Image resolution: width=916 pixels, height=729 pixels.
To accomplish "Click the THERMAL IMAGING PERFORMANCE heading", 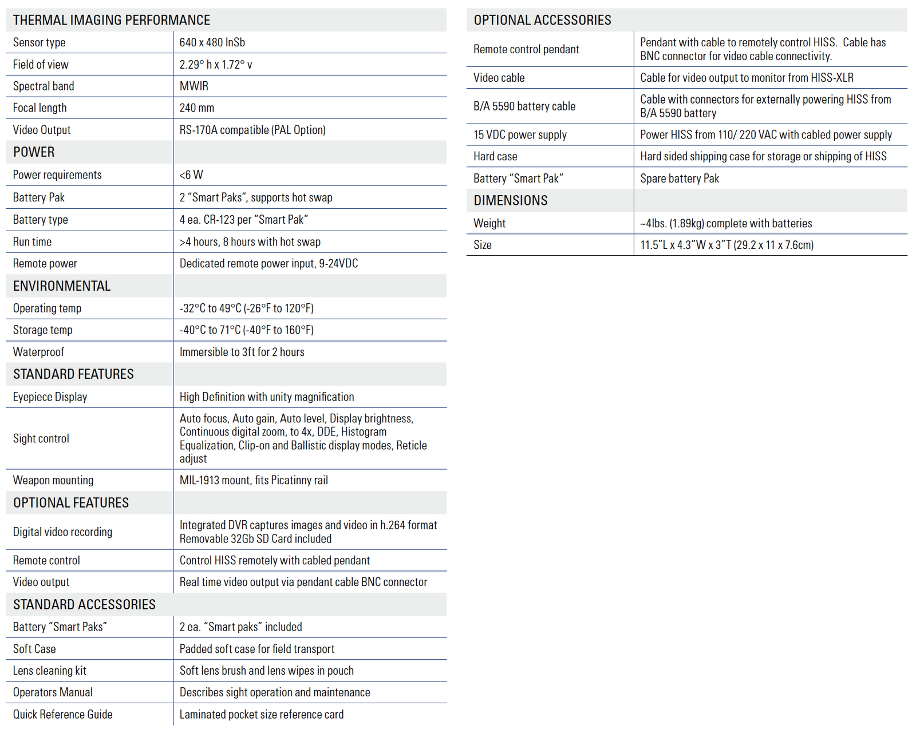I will point(112,20).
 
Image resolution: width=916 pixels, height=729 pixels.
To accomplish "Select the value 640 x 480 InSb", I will point(212,42).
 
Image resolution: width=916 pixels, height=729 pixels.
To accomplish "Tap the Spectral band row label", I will point(44,86).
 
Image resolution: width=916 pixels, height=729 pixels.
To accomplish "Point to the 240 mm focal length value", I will point(196,108).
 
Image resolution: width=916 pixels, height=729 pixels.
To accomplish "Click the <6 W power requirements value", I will point(191,175).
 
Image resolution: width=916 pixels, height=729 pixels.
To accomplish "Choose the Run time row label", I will point(32,241).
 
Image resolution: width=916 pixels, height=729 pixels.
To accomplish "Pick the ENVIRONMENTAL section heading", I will point(62,286).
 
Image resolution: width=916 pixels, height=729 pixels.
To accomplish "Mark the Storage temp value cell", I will point(246,330).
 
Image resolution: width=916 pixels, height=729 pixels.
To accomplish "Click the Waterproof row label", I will point(38,352).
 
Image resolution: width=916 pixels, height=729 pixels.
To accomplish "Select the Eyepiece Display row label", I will point(50,397).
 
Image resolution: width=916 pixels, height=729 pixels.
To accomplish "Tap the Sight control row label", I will point(41,438).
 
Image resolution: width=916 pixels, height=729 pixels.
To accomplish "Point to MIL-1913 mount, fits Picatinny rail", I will point(254,480).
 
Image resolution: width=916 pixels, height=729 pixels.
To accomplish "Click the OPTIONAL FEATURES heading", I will point(71,502).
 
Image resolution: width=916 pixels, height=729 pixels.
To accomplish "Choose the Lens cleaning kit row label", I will point(49,670).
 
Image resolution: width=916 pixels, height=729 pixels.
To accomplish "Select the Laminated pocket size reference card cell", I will point(262,714).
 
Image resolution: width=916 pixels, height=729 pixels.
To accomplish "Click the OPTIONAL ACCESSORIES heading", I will point(542,20).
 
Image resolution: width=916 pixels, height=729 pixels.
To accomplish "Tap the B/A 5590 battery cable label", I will point(524,106).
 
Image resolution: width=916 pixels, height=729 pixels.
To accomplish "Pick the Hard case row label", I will point(495,156).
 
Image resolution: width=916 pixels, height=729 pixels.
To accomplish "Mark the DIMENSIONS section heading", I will point(510,200).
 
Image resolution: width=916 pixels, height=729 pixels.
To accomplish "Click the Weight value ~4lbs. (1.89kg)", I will point(725,223).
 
